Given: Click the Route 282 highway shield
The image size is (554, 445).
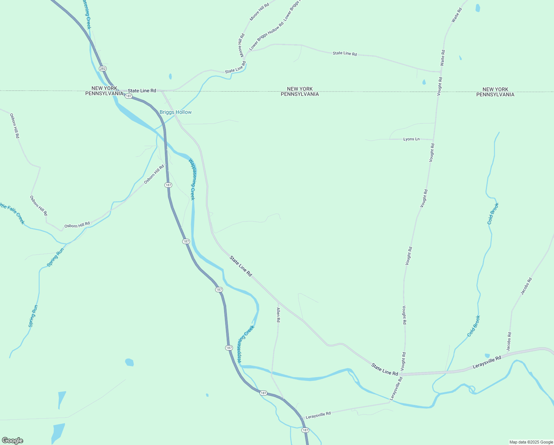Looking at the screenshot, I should click(x=103, y=69).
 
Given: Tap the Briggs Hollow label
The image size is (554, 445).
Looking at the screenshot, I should click(x=176, y=112).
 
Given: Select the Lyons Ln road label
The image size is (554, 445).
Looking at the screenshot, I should click(x=411, y=139).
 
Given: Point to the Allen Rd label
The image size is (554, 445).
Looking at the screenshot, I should click(x=278, y=315).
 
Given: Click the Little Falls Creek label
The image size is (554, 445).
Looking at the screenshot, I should click(x=12, y=213).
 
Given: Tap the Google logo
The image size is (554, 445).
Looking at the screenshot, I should click(x=12, y=441).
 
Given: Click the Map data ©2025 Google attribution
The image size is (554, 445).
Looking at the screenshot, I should click(x=531, y=442).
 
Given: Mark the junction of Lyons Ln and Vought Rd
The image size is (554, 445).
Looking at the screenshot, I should click(x=433, y=140).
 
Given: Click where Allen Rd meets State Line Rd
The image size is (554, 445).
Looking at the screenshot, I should click(x=278, y=301).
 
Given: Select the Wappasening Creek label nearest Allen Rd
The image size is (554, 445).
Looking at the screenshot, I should click(x=246, y=344).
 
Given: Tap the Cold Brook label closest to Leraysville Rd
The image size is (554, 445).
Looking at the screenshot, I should click(x=474, y=326).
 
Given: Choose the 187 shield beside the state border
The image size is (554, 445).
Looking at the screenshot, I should click(x=129, y=96).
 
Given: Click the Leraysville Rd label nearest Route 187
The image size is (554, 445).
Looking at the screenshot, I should click(x=318, y=414).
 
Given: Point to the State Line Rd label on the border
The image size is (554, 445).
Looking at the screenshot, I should click(x=142, y=90).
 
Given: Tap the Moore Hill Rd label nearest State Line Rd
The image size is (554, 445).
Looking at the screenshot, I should click(x=242, y=45).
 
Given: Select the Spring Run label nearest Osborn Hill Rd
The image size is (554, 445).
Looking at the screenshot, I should click(x=55, y=257).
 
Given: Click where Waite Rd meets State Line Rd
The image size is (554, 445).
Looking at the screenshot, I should click(x=441, y=71).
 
